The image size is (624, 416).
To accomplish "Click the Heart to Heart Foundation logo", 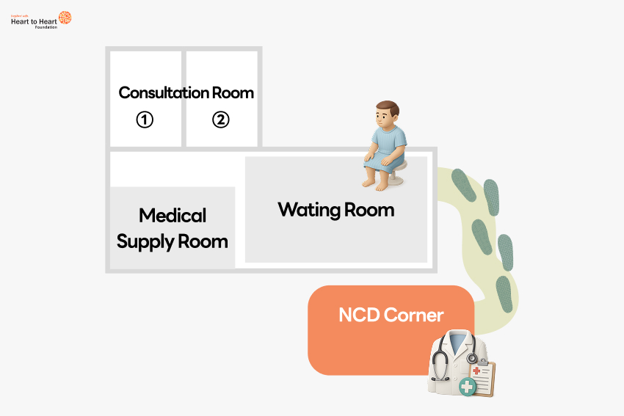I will click(x=41, y=20).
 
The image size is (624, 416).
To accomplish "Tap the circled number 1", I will click(x=145, y=119).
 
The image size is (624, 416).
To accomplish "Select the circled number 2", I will click(x=221, y=119).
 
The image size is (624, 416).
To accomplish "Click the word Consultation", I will click(x=164, y=93).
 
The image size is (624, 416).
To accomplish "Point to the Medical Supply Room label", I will click(x=173, y=228).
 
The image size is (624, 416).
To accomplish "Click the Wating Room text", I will click(x=336, y=210).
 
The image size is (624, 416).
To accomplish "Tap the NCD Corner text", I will click(x=391, y=315).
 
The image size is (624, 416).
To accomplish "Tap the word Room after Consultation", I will click(x=233, y=93).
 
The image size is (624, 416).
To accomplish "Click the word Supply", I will click(x=146, y=241).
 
